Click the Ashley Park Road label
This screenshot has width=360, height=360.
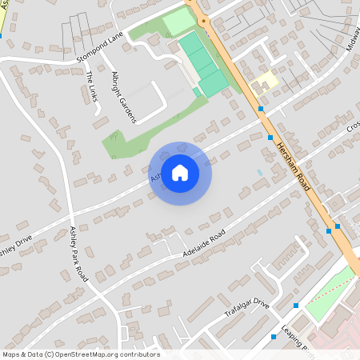[78, 250]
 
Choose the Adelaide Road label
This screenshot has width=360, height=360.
[204, 244]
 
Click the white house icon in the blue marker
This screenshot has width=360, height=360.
[180, 171]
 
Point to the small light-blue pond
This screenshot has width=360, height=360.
[259, 172]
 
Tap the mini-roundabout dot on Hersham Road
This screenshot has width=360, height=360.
[203, 19]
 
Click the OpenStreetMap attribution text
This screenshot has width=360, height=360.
[80, 354]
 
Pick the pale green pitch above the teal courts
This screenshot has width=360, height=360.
[178, 21]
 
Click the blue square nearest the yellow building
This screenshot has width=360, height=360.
[261, 109]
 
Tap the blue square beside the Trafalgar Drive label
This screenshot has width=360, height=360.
[296, 305]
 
